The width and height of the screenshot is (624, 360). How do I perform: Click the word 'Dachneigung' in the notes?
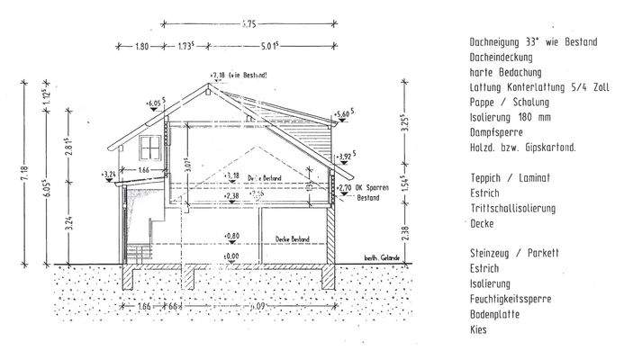click(494, 43)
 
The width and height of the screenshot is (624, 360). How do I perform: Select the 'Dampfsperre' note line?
click(494, 131)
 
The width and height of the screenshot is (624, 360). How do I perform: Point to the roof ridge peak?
click(209, 84)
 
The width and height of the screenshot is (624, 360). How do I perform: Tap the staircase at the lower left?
click(138, 248)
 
